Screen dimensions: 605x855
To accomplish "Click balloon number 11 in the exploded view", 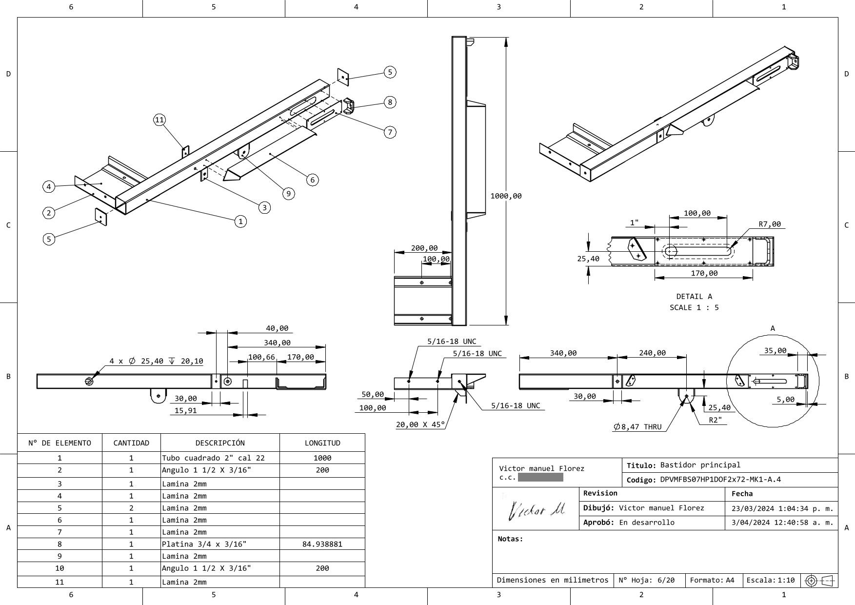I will point(159,120).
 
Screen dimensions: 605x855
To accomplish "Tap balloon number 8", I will point(390,102).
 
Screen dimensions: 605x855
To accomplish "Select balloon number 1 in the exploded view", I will point(240,222).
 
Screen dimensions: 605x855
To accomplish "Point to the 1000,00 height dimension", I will point(506,196).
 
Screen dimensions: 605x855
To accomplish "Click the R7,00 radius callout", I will point(769,224).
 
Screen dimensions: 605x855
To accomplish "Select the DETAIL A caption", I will point(694,296).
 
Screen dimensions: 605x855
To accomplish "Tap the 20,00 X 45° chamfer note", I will point(420,424).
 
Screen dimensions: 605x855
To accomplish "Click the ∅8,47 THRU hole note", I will point(637,427).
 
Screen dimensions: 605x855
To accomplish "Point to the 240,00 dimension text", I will point(652,353).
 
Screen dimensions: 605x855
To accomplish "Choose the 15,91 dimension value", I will point(185,410).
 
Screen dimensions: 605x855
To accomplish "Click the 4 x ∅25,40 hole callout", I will point(156,361).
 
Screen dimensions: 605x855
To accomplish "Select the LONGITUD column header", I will point(322,443).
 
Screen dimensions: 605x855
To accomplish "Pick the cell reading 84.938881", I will point(322,544).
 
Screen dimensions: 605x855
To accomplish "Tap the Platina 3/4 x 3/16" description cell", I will point(204,544).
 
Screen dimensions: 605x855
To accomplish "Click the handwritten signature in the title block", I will point(536,510).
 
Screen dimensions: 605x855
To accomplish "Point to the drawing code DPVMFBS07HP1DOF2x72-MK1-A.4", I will point(720,479).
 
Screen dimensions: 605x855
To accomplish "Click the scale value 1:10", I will point(786,580).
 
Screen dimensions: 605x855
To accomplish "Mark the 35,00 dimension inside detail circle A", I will point(775,350).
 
